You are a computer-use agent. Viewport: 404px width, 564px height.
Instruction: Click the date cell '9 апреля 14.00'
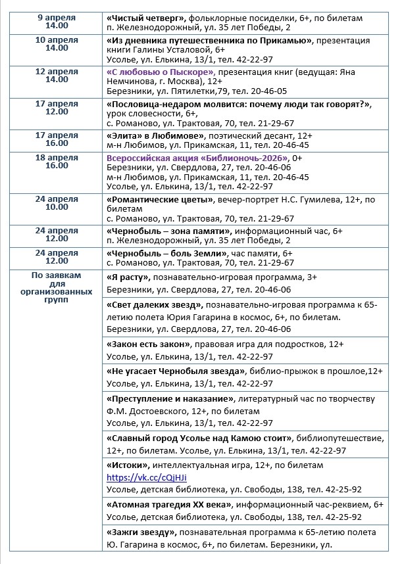click(x=57, y=20)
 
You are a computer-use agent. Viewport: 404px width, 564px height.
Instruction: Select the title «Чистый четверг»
click(x=144, y=16)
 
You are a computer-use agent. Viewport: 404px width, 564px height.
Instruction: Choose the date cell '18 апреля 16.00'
click(x=57, y=162)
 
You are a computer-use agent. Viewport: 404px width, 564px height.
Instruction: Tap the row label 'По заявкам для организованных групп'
click(x=57, y=287)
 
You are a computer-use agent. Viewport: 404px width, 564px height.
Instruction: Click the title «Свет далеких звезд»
click(x=154, y=306)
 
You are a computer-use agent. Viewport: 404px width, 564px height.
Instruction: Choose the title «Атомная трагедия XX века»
click(x=169, y=504)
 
